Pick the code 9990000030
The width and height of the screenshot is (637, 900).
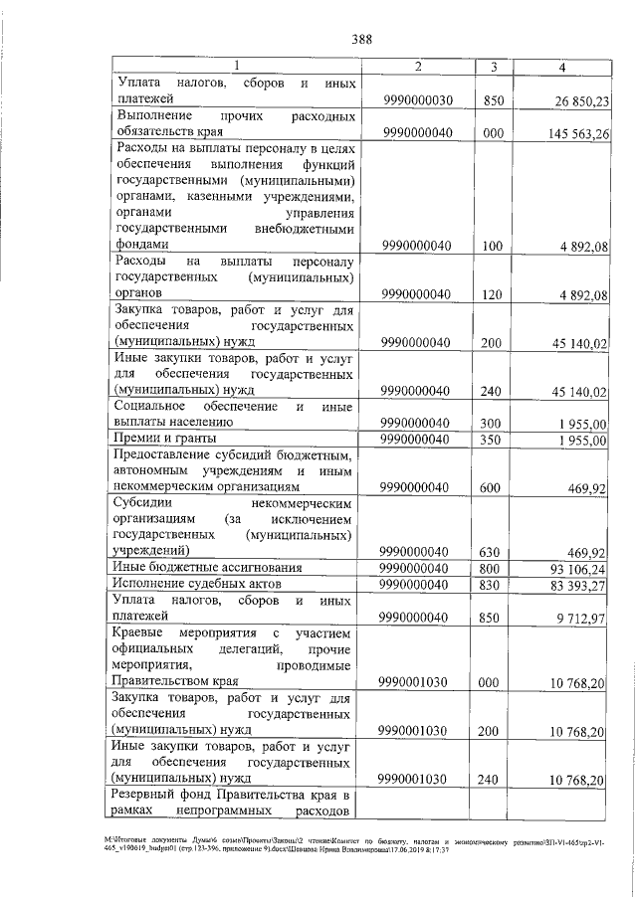coord(417,100)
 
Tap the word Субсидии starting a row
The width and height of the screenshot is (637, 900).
coord(144,503)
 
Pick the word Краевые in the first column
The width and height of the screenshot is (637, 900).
coord(145,633)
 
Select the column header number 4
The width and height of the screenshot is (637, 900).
coord(563,66)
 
